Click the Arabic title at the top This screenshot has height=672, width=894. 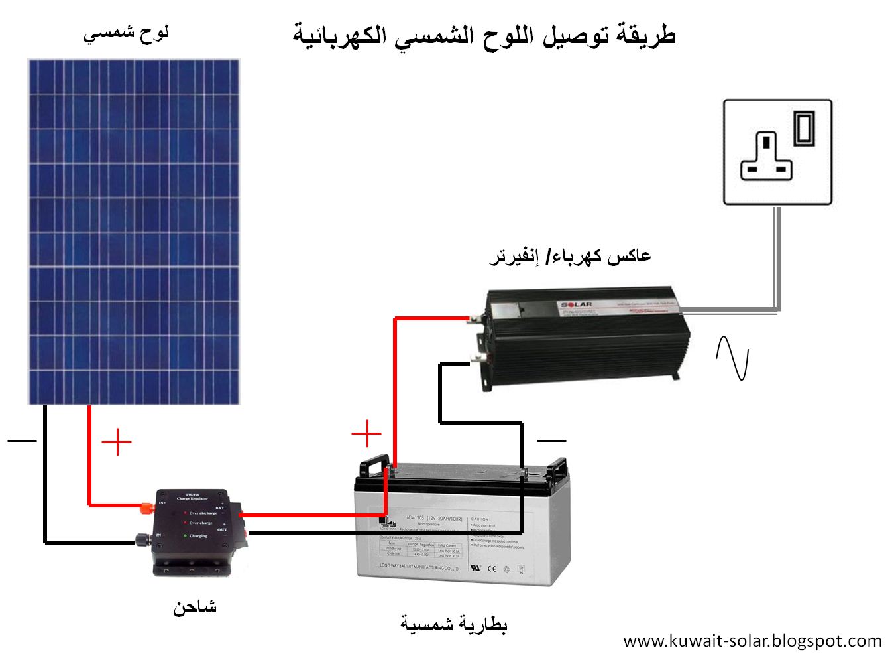tap(484, 35)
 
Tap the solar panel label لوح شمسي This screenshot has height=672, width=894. tap(126, 33)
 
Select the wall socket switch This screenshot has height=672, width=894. tap(804, 128)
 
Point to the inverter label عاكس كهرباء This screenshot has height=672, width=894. tap(570, 256)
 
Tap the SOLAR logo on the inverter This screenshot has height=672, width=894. tap(576, 305)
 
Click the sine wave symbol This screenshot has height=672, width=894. tap(732, 358)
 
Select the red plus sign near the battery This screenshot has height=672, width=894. tap(366, 434)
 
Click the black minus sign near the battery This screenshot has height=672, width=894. tap(551, 440)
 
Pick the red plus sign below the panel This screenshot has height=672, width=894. tap(117, 442)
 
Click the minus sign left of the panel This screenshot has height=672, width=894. tap(22, 440)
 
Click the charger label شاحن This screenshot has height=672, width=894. tap(195, 607)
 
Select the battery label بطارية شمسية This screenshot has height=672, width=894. tap(454, 624)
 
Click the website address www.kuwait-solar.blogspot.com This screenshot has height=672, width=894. tap(752, 641)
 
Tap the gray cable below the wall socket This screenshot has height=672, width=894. tap(777, 259)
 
